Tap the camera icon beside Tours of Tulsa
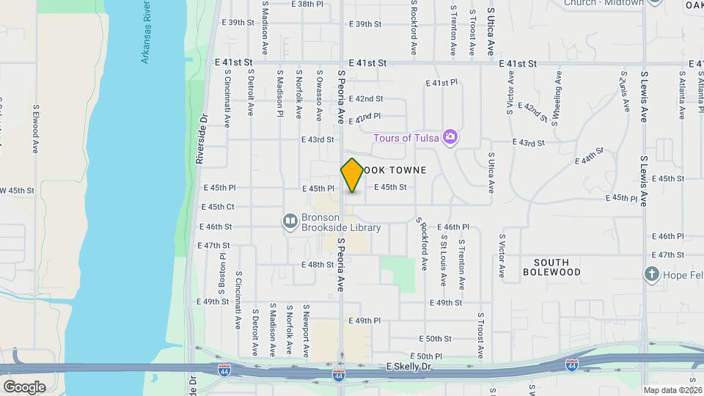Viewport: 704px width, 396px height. click(450, 137)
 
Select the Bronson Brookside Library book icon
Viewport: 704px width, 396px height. click(290, 220)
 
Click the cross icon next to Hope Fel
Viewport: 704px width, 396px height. click(651, 275)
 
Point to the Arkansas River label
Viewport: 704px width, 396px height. click(147, 32)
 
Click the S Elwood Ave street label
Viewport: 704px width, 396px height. click(35, 128)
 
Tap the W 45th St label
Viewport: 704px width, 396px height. click(18, 190)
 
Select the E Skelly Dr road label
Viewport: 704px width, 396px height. click(408, 365)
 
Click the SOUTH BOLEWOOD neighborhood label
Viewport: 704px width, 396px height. click(551, 267)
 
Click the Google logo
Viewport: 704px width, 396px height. click(24, 386)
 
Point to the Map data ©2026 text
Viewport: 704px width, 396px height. click(672, 390)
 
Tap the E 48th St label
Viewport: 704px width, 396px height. click(318, 264)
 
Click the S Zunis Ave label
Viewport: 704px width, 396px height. click(624, 92)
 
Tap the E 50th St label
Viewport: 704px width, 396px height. click(436, 339)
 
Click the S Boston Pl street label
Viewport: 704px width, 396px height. click(221, 271)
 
